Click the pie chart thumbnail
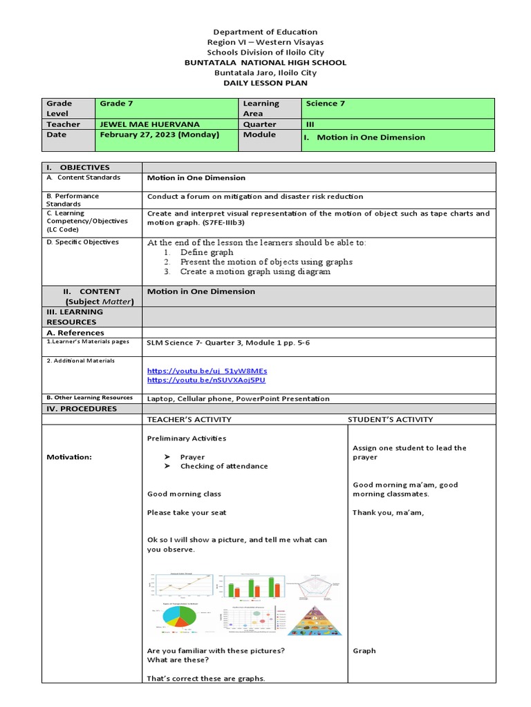pyautogui.click(x=178, y=619)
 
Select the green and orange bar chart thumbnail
pyautogui.click(x=249, y=587)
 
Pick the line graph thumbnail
pyautogui.click(x=180, y=587)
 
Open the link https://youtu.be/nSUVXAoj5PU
pyautogui.click(x=206, y=380)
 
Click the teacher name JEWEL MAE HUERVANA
pyautogui.click(x=150, y=124)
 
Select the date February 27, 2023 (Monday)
pyautogui.click(x=159, y=135)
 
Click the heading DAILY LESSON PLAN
pyautogui.click(x=265, y=82)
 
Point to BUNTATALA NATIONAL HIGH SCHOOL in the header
pyautogui.click(x=265, y=62)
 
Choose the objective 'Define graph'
pyautogui.click(x=207, y=253)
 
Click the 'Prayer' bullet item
pyautogui.click(x=192, y=457)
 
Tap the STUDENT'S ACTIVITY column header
pyautogui.click(x=390, y=419)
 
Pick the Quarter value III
pyautogui.click(x=310, y=124)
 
